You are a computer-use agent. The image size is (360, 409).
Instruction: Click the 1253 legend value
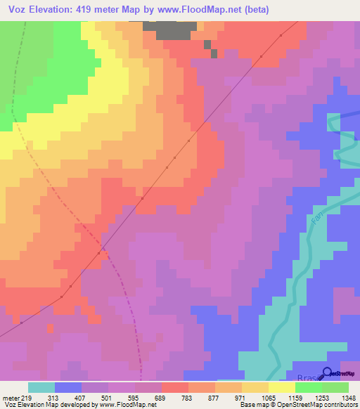pyautogui.click(x=321, y=398)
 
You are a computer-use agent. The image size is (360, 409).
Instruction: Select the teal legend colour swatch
pyautogui.click(x=41, y=387)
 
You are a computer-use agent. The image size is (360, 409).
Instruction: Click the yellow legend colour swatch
pyautogui.click(x=282, y=387)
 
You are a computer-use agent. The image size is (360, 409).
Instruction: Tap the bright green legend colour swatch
pyautogui.click(x=309, y=387)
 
